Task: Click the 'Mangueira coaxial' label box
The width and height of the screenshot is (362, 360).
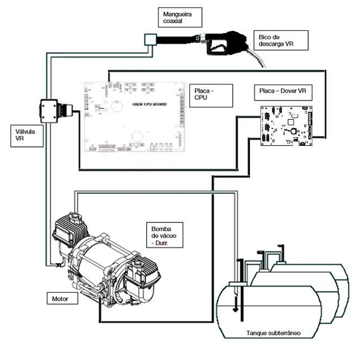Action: (x=180, y=17)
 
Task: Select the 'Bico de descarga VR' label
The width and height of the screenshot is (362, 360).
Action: (x=281, y=40)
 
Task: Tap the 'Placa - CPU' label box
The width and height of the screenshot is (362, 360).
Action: (x=211, y=95)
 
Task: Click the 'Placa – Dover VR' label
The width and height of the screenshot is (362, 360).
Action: (x=283, y=92)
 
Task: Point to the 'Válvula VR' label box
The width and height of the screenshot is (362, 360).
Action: (x=27, y=136)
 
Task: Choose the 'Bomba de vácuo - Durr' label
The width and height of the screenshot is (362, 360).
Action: (x=165, y=235)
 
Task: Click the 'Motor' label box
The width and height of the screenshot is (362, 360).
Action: (x=62, y=298)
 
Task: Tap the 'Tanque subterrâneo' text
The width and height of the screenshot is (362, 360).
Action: (x=274, y=333)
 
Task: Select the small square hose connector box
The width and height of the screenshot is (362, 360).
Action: (x=150, y=39)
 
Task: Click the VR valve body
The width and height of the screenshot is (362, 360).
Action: (x=49, y=111)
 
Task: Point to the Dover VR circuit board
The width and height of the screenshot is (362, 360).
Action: (x=287, y=125)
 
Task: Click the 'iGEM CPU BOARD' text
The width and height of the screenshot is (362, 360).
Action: (x=150, y=104)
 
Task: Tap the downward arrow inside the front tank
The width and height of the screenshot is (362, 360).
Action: (x=236, y=304)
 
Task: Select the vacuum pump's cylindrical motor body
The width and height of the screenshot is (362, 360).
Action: (x=97, y=259)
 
